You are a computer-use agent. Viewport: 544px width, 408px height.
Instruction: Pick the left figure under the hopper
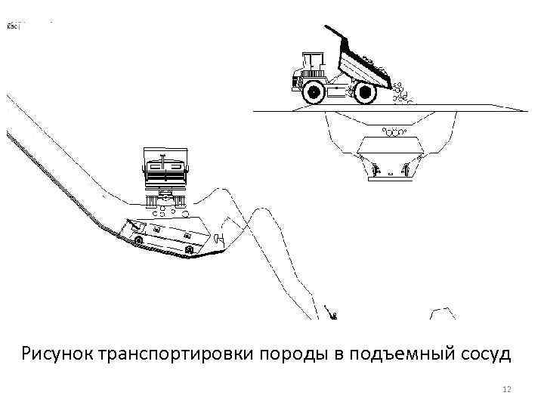[x=376, y=168]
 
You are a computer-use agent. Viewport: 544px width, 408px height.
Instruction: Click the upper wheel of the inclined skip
[x=138, y=239]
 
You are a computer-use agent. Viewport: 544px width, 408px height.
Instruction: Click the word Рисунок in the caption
[x=57, y=353]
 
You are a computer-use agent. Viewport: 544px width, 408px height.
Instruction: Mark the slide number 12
[x=507, y=388]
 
